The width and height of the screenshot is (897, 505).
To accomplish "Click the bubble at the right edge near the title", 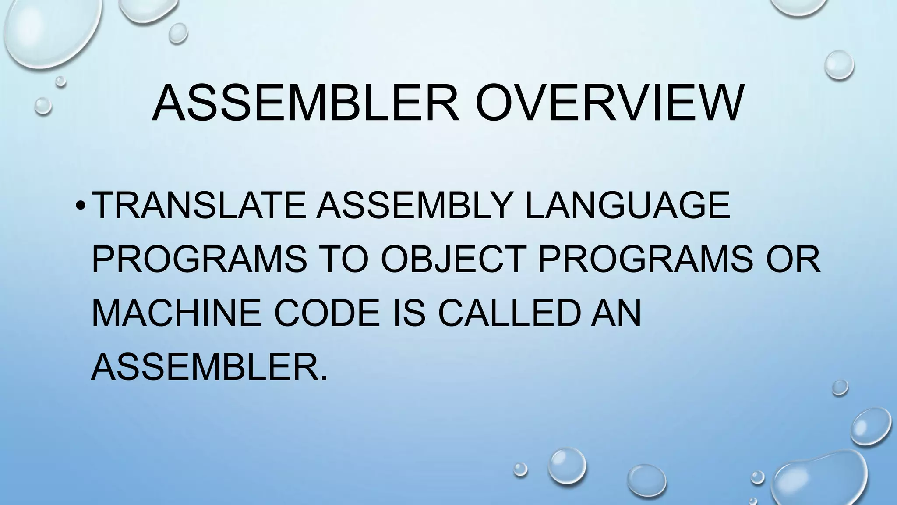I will [839, 65].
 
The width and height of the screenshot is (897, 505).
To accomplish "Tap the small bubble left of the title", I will [43, 106].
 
